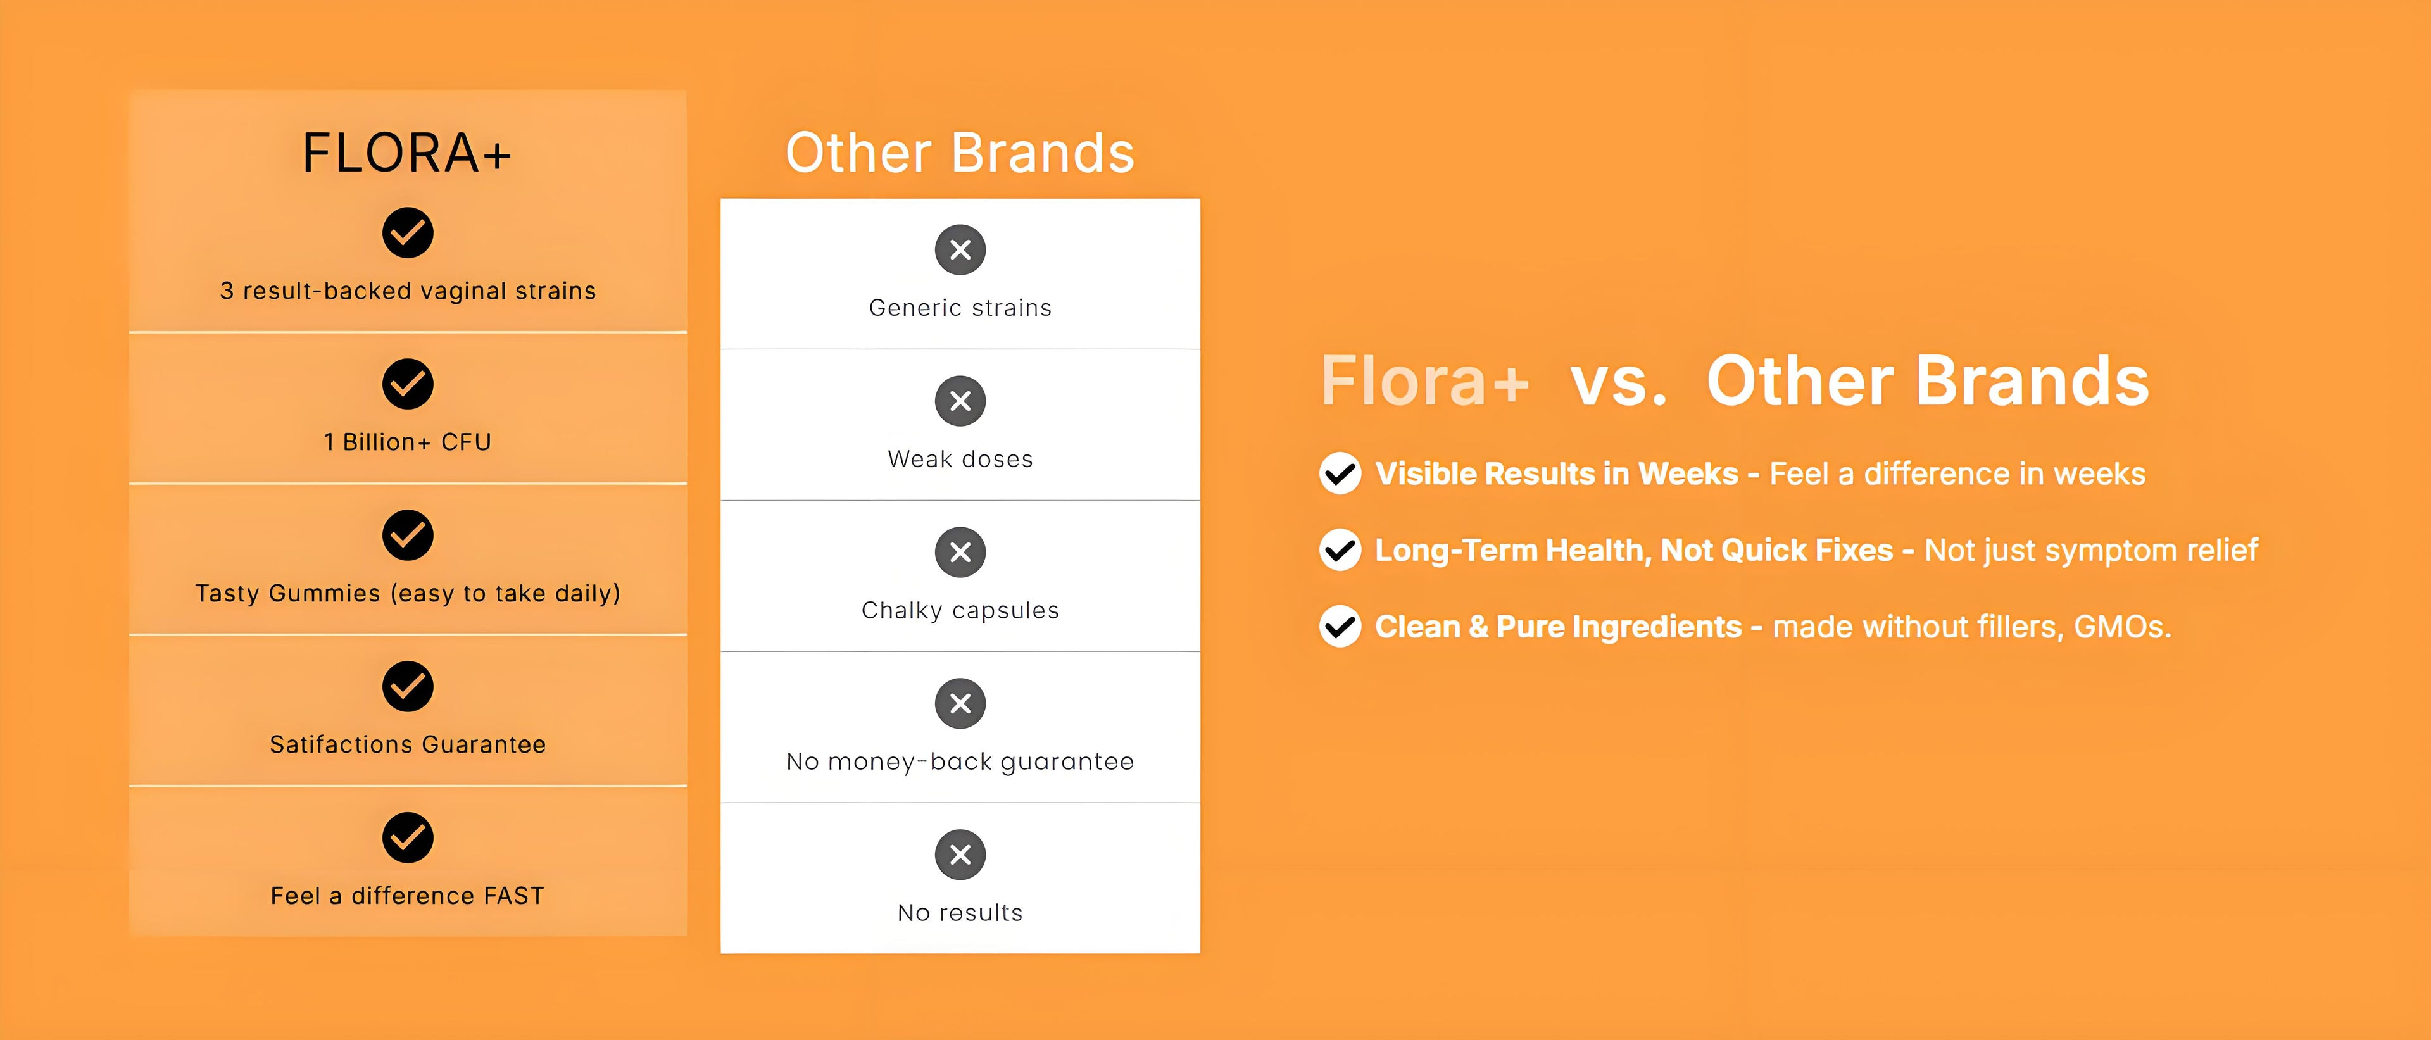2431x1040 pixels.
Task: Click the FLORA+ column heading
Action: click(406, 153)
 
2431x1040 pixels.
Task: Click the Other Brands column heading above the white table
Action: click(960, 153)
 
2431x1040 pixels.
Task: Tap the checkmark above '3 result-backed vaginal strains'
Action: click(408, 233)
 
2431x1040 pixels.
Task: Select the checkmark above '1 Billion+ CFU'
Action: click(408, 384)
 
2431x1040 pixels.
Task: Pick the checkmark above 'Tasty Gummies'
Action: click(408, 535)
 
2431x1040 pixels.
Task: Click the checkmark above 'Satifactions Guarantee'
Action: click(408, 686)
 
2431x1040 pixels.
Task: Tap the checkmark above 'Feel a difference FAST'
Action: click(408, 837)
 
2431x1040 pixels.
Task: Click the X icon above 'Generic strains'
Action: click(960, 250)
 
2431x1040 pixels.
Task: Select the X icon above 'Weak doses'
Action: click(960, 401)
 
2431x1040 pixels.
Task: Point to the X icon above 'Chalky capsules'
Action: click(960, 552)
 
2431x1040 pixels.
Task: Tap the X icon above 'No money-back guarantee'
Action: click(960, 703)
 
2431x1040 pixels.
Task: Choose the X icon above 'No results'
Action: click(960, 854)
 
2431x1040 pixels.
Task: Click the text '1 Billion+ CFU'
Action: click(408, 442)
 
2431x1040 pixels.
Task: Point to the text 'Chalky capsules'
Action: click(960, 611)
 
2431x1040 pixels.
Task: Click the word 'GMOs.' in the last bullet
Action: click(2123, 627)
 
